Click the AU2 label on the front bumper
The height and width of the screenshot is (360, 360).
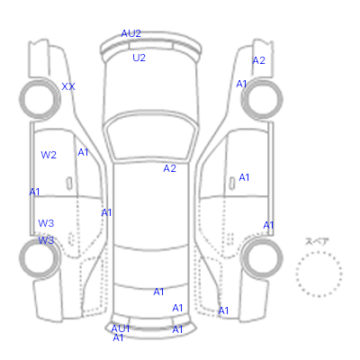pyautogui.click(x=130, y=33)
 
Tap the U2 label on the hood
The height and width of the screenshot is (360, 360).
pyautogui.click(x=139, y=58)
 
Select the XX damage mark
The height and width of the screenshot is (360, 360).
pyautogui.click(x=68, y=86)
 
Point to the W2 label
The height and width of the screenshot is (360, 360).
pyautogui.click(x=49, y=155)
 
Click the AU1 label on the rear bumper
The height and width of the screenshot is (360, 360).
pyautogui.click(x=121, y=328)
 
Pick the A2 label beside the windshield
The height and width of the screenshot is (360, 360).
pyautogui.click(x=169, y=168)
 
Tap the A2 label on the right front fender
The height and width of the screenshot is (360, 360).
pyautogui.click(x=258, y=60)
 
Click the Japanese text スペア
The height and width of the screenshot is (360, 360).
pyautogui.click(x=317, y=241)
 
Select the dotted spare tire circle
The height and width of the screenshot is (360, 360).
pyautogui.click(x=319, y=252)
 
